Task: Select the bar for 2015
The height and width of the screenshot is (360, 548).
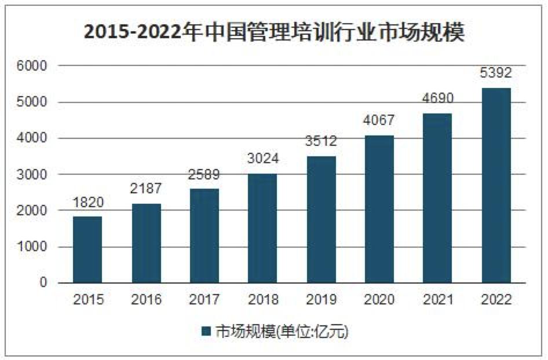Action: pyautogui.click(x=87, y=249)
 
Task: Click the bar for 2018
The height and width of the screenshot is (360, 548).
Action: pyautogui.click(x=262, y=228)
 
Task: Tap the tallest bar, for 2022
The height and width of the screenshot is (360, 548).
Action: pyautogui.click(x=496, y=185)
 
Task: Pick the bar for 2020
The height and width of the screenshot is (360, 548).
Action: pyautogui.click(x=379, y=209)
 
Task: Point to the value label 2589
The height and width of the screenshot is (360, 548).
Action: pyautogui.click(x=204, y=175)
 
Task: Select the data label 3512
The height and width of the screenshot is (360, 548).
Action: pyautogui.click(x=320, y=141)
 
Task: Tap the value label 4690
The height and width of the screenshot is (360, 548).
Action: pyautogui.click(x=437, y=98)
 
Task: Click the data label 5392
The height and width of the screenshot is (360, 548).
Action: pyautogui.click(x=496, y=74)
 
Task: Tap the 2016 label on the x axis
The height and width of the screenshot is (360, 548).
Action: pyautogui.click(x=146, y=300)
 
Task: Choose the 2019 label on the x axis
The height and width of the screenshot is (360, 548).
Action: pyautogui.click(x=320, y=300)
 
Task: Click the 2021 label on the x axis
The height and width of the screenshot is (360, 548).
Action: pyautogui.click(x=437, y=300)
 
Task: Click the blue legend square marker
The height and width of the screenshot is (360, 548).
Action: pyautogui.click(x=206, y=332)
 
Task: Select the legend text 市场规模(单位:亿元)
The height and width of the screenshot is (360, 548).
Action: pyautogui.click(x=282, y=332)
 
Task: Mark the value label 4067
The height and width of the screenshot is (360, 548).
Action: pyautogui.click(x=379, y=120)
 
